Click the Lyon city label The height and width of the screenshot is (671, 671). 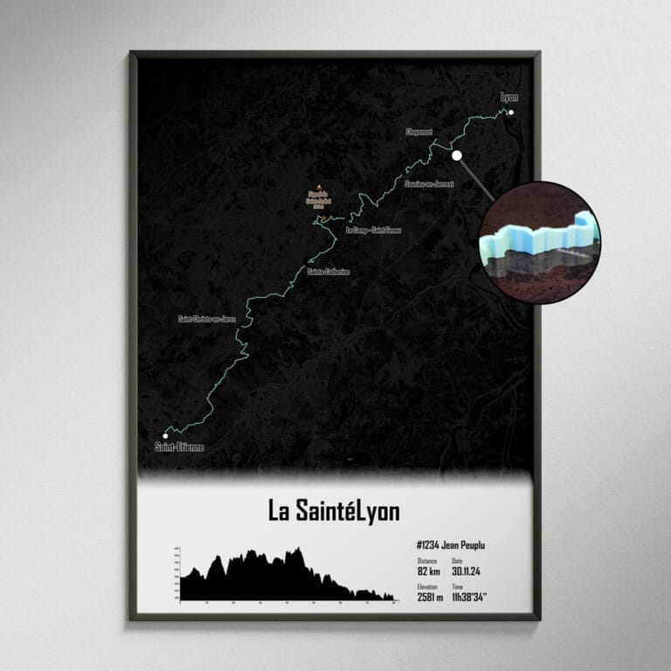[508, 97]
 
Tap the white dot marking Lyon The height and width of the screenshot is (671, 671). [512, 112]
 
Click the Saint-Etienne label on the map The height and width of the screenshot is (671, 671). [178, 447]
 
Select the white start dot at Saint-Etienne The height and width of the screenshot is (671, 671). [165, 434]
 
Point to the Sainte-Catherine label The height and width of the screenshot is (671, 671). [329, 272]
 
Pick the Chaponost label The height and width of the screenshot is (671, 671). [419, 132]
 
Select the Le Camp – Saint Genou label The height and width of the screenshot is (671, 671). [372, 231]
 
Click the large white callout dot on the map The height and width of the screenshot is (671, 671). [456, 156]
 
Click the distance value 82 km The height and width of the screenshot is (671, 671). [428, 571]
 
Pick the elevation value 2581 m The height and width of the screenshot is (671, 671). [432, 598]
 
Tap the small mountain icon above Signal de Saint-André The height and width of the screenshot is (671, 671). [317, 185]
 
